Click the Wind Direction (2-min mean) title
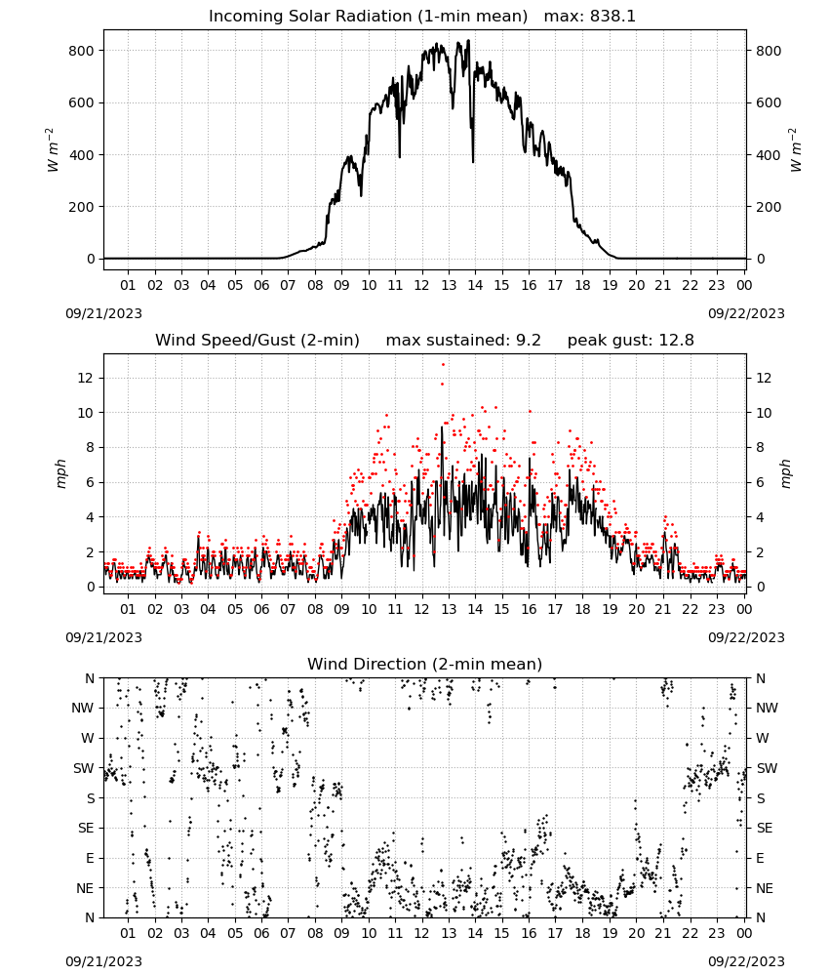click(x=425, y=664)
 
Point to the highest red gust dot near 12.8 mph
click(x=444, y=365)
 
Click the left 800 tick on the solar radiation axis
click(x=82, y=51)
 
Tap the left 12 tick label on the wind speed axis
click(x=86, y=378)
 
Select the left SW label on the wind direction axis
click(x=84, y=768)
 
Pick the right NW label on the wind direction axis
click(x=767, y=708)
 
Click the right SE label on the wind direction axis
click(x=765, y=828)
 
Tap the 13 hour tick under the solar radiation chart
click(x=449, y=285)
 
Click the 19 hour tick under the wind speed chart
click(x=610, y=609)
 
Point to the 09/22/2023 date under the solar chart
click(x=746, y=313)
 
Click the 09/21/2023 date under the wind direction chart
click(x=103, y=961)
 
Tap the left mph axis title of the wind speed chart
click(x=60, y=473)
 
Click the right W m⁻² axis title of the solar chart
click(x=796, y=150)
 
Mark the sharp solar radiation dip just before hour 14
click(x=473, y=161)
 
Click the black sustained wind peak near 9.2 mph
click(x=442, y=427)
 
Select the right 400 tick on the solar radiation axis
click(x=769, y=154)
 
